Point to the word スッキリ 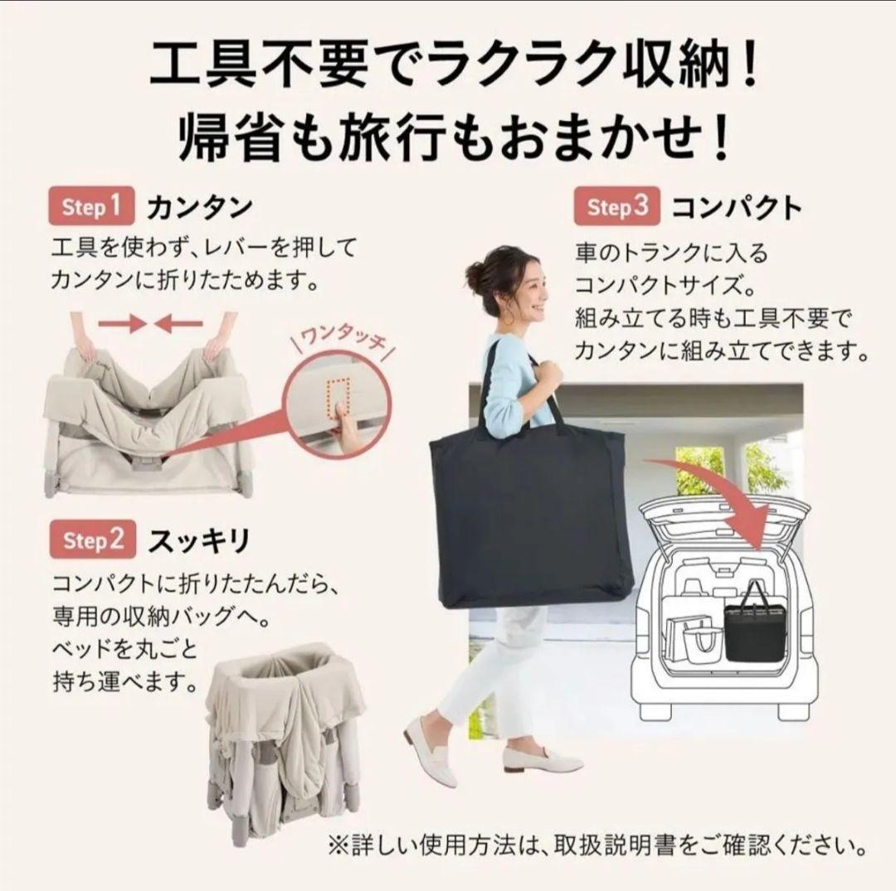(198, 541)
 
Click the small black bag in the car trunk (753, 628)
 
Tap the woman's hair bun (474, 273)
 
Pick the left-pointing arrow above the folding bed (178, 324)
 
